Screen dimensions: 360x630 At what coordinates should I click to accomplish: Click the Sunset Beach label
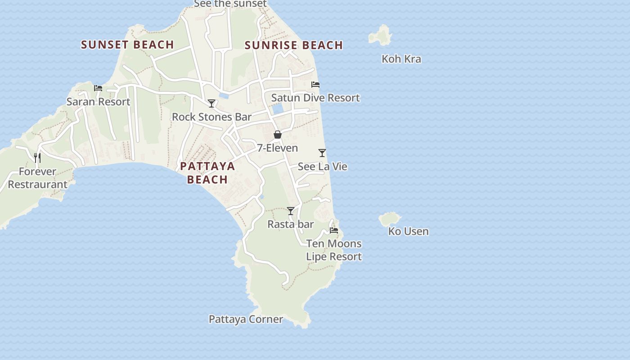tap(127, 45)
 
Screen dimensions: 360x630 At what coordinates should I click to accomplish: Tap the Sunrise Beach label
tap(294, 45)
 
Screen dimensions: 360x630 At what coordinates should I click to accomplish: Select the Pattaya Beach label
tap(207, 173)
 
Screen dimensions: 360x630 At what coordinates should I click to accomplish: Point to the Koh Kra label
tap(401, 59)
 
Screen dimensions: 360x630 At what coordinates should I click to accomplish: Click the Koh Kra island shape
tap(380, 36)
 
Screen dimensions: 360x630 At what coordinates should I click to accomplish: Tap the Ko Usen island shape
tap(390, 220)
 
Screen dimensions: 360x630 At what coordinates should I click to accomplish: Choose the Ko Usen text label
tap(408, 231)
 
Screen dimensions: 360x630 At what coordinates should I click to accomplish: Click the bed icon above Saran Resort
tap(98, 88)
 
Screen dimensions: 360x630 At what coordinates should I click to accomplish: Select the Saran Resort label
tap(98, 102)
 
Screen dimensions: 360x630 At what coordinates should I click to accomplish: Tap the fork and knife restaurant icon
tap(37, 157)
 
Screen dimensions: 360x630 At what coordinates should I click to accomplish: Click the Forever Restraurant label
tap(37, 178)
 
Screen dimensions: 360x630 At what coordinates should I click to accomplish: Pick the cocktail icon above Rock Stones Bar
tap(211, 103)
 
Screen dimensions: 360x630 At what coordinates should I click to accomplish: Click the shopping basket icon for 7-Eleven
tap(278, 135)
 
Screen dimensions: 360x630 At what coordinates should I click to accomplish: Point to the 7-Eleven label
tap(277, 148)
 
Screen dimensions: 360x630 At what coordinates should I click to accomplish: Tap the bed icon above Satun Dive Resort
tap(315, 84)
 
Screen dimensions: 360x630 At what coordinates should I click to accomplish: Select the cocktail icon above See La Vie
tap(322, 153)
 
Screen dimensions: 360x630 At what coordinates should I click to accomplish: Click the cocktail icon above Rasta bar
tap(291, 211)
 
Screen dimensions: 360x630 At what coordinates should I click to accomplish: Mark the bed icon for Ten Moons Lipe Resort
tap(334, 230)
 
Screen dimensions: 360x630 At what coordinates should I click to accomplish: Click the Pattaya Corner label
tap(246, 319)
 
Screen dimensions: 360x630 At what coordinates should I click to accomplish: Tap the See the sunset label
tap(230, 4)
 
